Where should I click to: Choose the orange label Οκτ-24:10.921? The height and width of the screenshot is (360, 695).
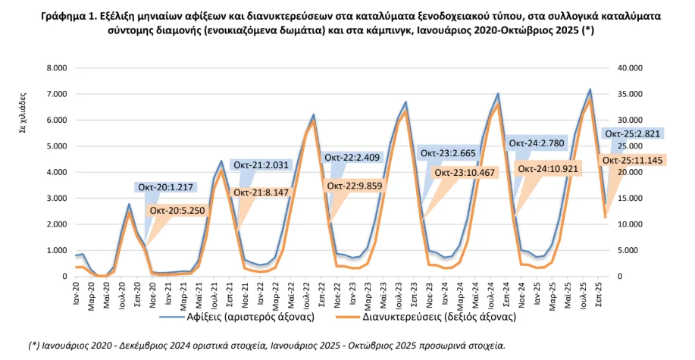[549, 168]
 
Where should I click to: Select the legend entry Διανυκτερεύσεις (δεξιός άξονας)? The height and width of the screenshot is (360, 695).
[444, 318]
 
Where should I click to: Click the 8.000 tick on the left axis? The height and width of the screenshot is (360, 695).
[57, 68]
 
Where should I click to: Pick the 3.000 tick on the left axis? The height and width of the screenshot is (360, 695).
[57, 199]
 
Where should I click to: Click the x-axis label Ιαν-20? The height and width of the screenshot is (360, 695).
[76, 293]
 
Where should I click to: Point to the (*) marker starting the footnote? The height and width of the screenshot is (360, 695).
[35, 346]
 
